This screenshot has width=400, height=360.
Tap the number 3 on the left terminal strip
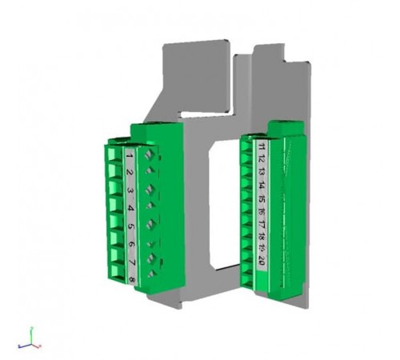point(130,190)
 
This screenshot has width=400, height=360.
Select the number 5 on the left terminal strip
point(130,226)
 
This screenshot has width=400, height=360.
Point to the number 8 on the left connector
point(131,278)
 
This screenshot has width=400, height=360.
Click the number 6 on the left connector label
point(130,244)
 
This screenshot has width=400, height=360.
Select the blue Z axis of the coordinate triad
point(26,345)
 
